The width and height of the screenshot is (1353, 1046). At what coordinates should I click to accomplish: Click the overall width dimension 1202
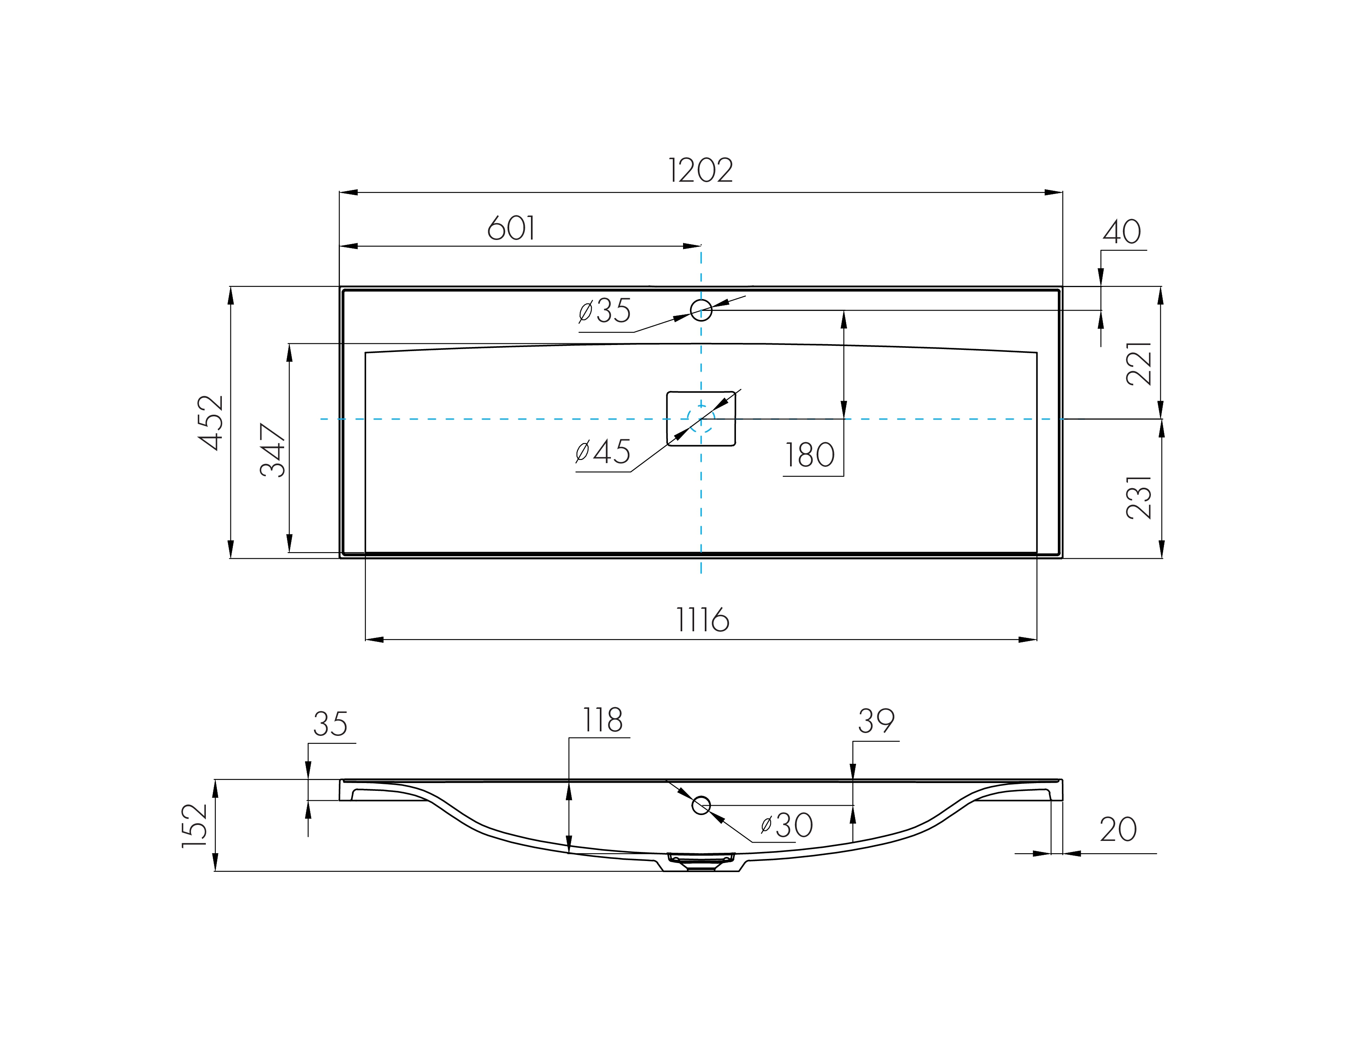(x=701, y=170)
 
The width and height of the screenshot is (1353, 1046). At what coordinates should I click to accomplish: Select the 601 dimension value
(x=511, y=228)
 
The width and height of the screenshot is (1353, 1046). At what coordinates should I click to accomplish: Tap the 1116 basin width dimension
(x=702, y=620)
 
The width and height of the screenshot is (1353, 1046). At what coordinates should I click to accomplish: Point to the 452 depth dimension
(x=211, y=422)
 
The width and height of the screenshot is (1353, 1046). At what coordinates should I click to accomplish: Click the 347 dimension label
(x=273, y=450)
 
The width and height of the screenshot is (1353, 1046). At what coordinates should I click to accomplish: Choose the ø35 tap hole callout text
(x=605, y=311)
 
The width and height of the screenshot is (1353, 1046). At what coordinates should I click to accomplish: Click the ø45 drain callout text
(x=603, y=451)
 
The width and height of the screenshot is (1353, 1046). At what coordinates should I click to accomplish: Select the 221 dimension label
(x=1139, y=364)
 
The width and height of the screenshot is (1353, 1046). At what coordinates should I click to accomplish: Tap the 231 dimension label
(x=1139, y=497)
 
